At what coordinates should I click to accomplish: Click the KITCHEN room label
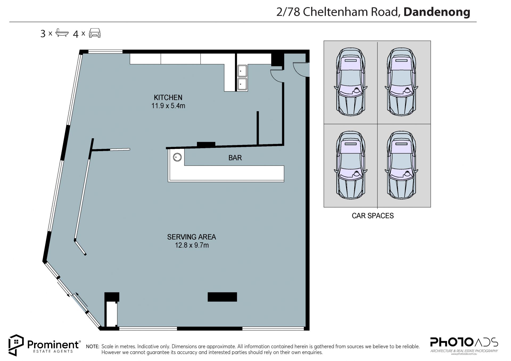point(168,97)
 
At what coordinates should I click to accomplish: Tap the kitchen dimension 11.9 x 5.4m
point(168,106)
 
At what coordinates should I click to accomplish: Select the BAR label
point(235,158)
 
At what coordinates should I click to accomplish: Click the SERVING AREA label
point(191,237)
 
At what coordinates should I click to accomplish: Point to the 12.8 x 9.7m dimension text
point(192,245)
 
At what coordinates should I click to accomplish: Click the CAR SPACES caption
point(373,216)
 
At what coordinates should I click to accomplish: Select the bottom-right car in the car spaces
point(402,165)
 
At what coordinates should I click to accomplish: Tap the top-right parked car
point(402,81)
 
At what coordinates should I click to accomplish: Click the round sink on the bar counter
point(177,157)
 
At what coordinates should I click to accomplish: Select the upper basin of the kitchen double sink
point(242,71)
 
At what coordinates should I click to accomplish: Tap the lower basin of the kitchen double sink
point(242,84)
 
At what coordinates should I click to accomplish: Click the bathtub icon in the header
point(62,33)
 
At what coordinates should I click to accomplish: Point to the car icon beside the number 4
point(95,33)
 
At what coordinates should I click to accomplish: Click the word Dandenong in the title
point(437,12)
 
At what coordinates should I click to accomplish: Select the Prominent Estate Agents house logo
point(16,345)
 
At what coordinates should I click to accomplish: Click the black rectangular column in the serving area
point(222,297)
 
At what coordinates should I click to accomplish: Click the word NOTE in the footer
point(93,347)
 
